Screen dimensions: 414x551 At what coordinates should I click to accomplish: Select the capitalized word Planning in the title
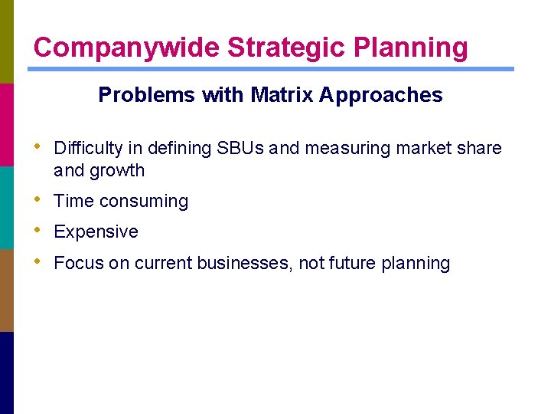tap(409, 48)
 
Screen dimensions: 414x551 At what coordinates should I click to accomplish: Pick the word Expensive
tap(96, 232)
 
